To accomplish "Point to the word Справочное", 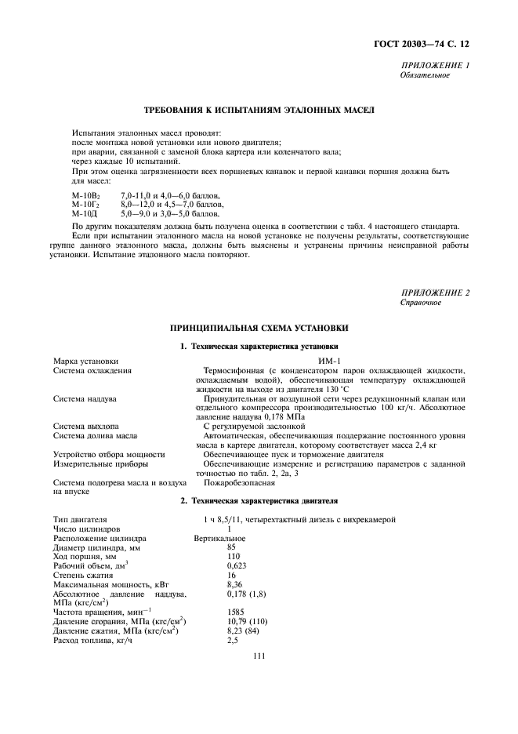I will pos(421,303).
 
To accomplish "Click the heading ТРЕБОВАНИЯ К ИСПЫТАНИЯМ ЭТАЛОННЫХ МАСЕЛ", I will pos(259,111).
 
